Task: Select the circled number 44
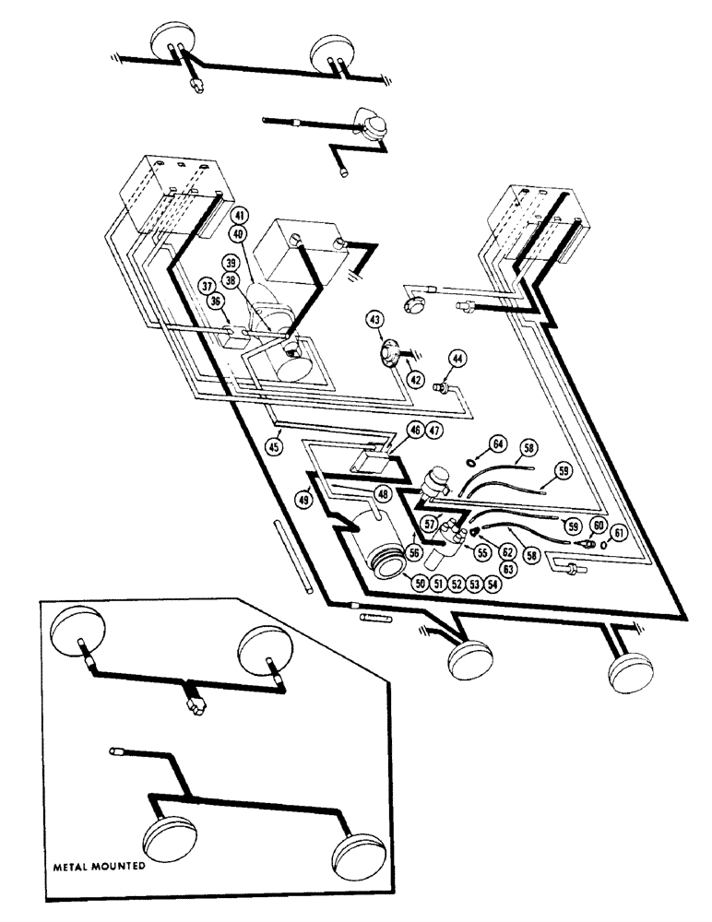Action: pyautogui.click(x=457, y=358)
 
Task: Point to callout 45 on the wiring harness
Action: pyautogui.click(x=274, y=446)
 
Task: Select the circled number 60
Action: pyautogui.click(x=599, y=525)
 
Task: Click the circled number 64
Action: pyautogui.click(x=499, y=445)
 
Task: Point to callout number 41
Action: pyautogui.click(x=239, y=215)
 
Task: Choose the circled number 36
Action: pyautogui.click(x=215, y=301)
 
